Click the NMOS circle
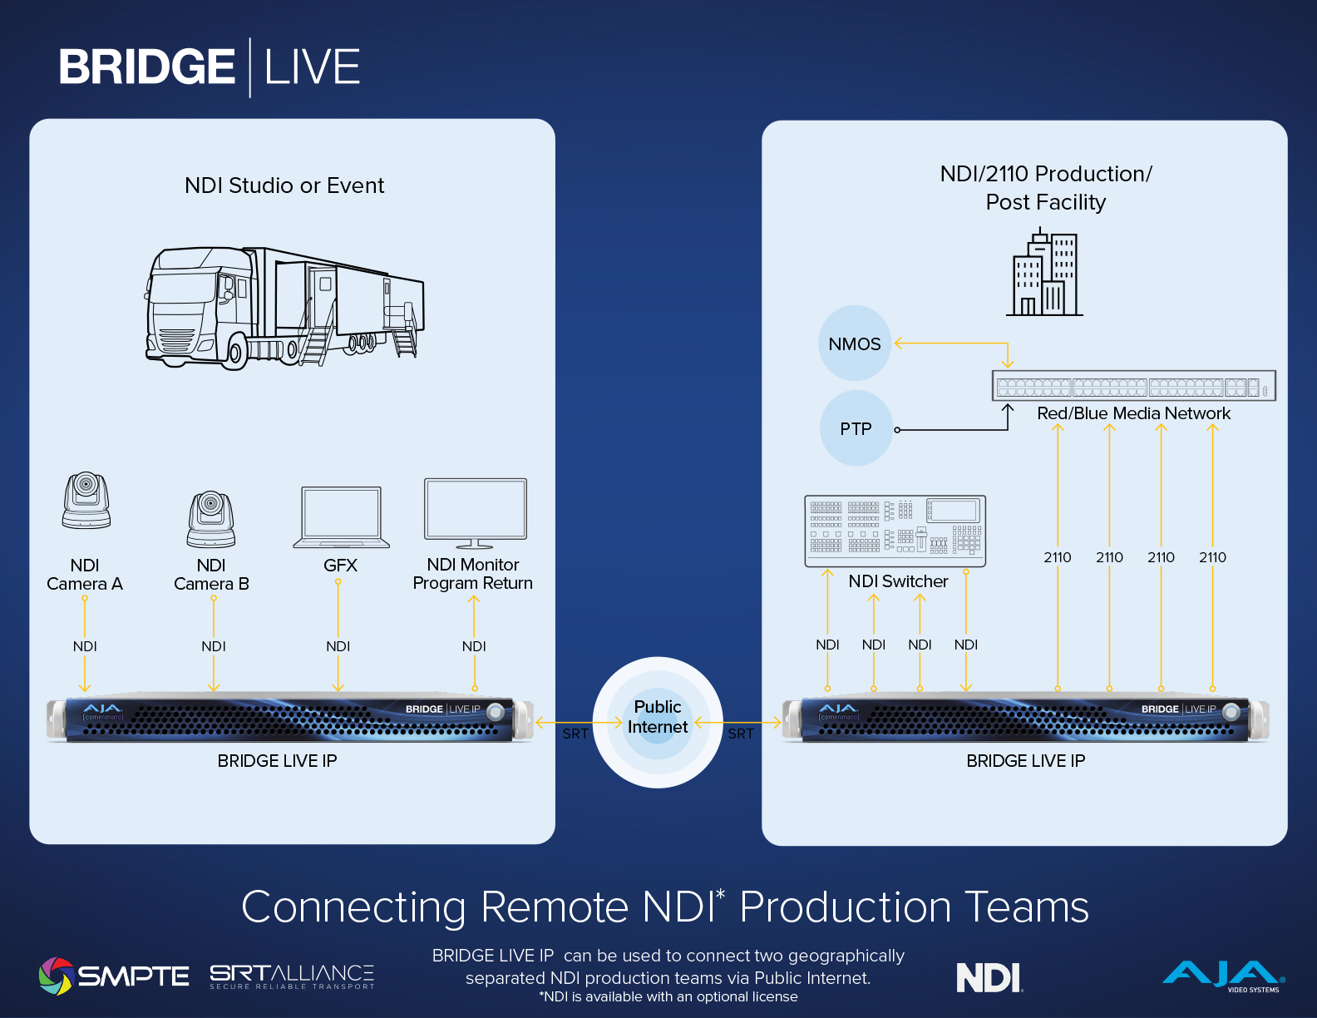(x=855, y=343)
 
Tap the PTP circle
(x=856, y=428)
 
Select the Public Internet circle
(x=658, y=722)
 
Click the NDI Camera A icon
(x=86, y=500)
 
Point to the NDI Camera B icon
(x=211, y=519)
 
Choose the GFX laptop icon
(x=341, y=517)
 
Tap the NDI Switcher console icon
(x=895, y=531)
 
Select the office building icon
(x=1044, y=272)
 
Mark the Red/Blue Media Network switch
(x=1133, y=386)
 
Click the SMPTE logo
(x=114, y=976)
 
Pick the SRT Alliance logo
(x=292, y=976)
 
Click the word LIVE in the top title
(x=312, y=67)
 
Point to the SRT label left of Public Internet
(x=575, y=734)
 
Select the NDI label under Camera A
(x=85, y=646)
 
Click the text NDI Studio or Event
(x=284, y=185)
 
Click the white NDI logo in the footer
(x=989, y=976)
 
